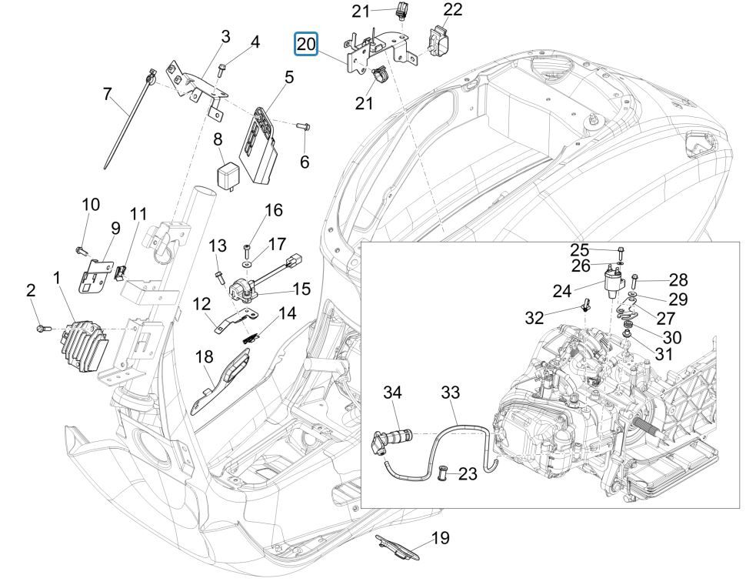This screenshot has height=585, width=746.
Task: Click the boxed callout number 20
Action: [306, 45]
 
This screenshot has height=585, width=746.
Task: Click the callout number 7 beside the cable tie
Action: [108, 94]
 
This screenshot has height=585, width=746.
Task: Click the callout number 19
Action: [440, 537]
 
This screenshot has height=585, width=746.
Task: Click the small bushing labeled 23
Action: [444, 472]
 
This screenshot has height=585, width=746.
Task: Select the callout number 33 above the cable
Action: [450, 393]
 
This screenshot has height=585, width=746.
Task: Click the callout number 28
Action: [678, 279]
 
